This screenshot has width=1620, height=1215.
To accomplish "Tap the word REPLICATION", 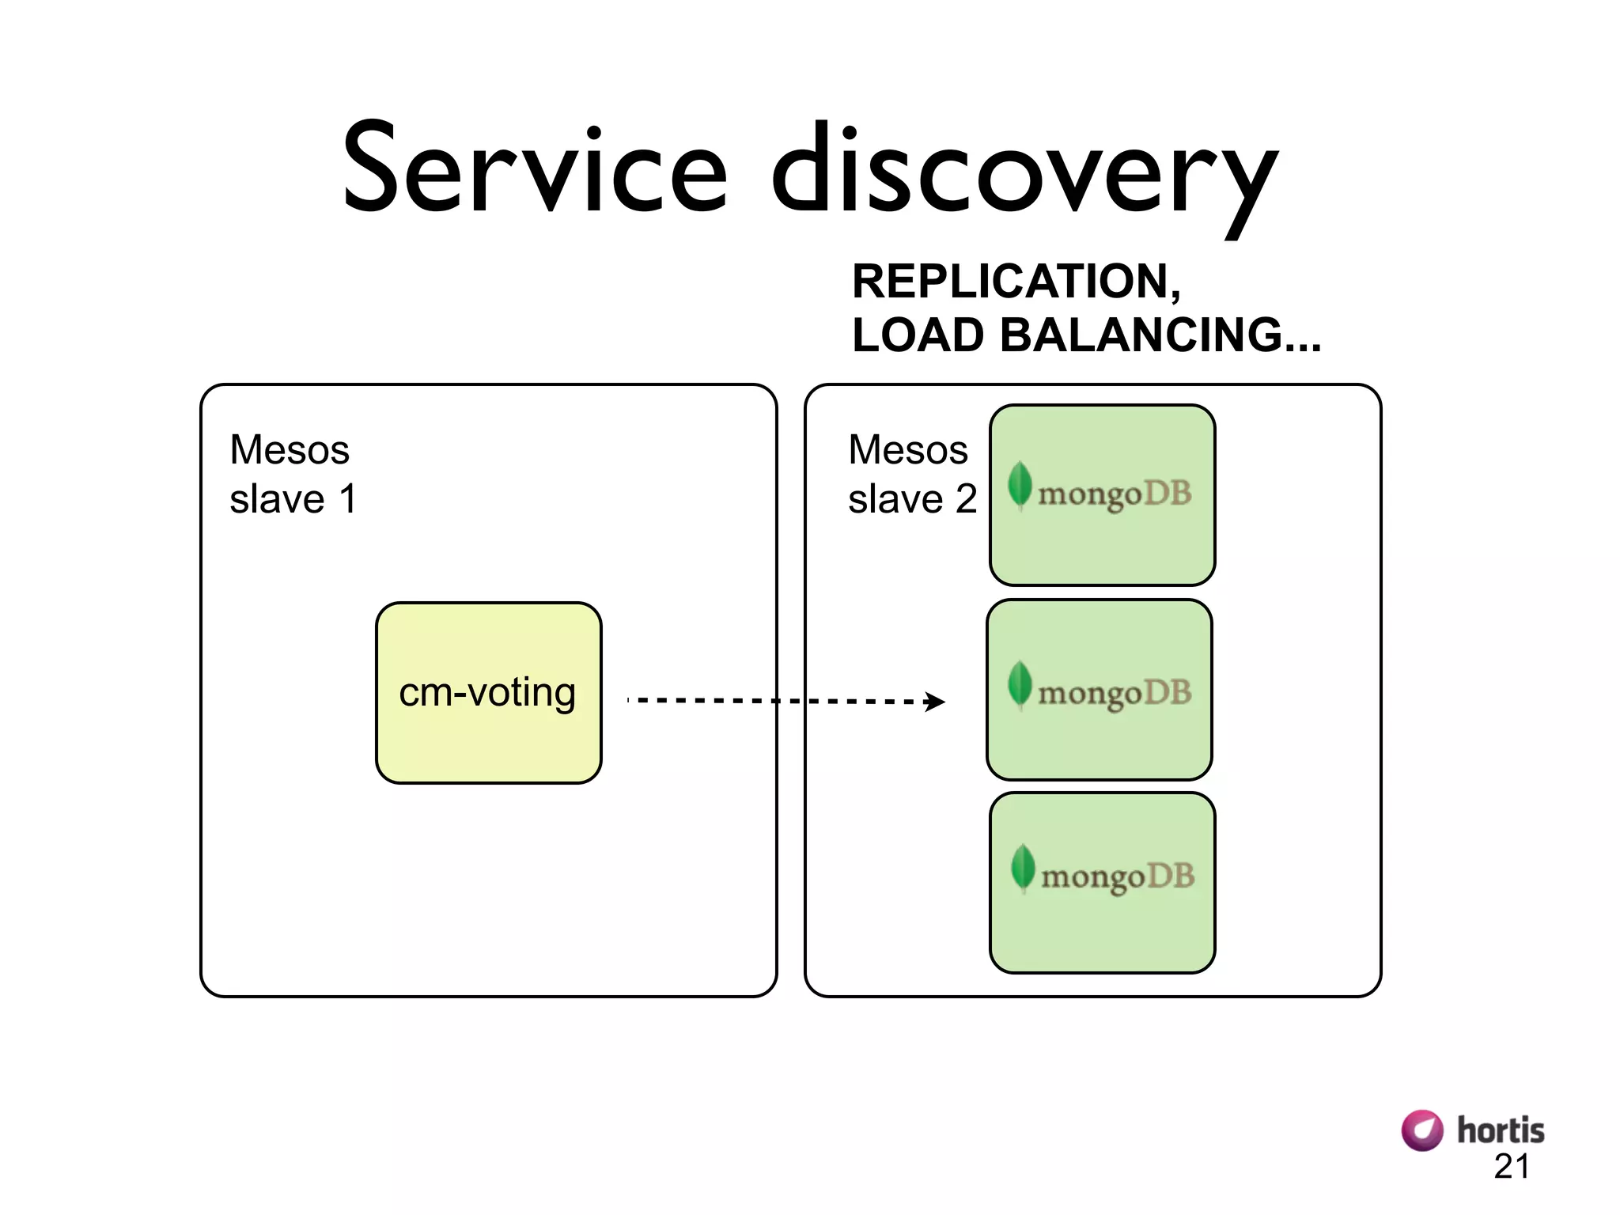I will (x=1016, y=281).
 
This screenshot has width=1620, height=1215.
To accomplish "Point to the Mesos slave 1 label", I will (x=292, y=474).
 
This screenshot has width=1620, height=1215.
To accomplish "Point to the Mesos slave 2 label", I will (x=911, y=474).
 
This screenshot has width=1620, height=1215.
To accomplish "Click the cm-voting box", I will (x=488, y=693).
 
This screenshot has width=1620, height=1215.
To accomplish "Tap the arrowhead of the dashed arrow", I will (x=936, y=702).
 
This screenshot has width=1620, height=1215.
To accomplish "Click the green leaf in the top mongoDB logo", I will (x=1020, y=484).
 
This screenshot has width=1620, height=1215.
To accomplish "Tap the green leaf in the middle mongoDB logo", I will (x=1020, y=683).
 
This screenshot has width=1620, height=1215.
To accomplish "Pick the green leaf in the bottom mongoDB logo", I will (x=1023, y=867).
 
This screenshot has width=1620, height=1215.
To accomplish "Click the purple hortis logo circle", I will (x=1421, y=1130).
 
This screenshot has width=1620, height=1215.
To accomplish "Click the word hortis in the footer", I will (x=1500, y=1130).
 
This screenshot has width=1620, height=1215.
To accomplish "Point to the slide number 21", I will (x=1511, y=1167).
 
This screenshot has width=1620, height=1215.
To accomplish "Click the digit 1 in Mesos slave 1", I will (x=347, y=499).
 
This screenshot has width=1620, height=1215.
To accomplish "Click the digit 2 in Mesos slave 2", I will (x=966, y=499).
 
